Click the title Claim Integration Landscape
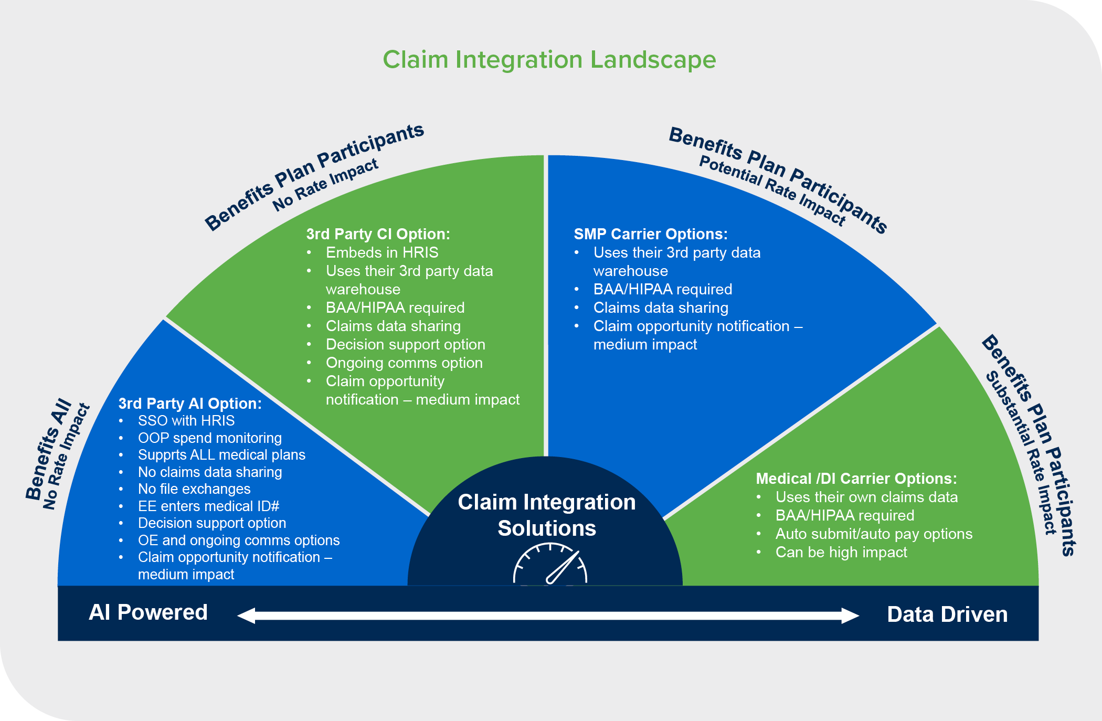coord(549,60)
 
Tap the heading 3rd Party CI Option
coord(378,234)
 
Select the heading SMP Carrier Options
coord(650,234)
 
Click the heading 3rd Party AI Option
coord(189,404)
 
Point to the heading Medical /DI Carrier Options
coord(856,479)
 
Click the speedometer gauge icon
coord(550,565)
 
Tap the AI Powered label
coord(148,612)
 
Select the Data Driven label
coord(947,614)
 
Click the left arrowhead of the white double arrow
coord(247,616)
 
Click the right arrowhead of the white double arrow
coord(850,616)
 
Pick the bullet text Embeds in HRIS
coord(382,252)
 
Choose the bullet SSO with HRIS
coord(186,421)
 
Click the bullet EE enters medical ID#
coord(208,506)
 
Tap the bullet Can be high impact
coord(841,553)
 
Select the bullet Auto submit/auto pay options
coord(874,534)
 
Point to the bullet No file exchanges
coord(194,489)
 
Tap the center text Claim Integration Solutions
coord(546,515)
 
